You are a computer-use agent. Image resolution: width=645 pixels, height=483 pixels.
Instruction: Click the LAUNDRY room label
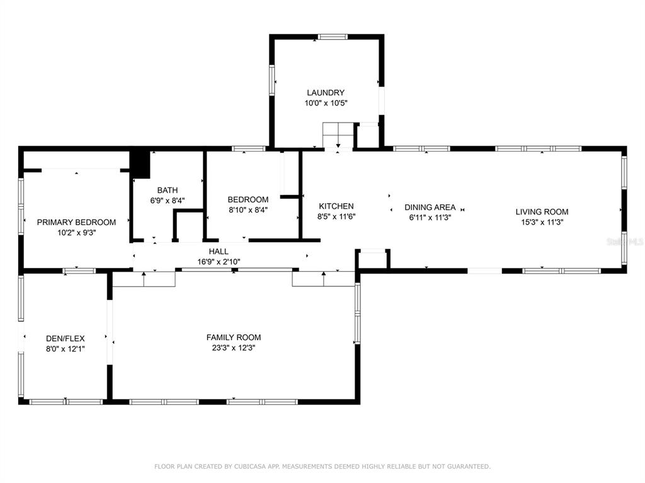tap(326, 92)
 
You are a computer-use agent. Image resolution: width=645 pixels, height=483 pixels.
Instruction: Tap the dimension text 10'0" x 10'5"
tap(326, 103)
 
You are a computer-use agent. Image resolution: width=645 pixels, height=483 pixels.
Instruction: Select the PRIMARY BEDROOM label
tap(76, 222)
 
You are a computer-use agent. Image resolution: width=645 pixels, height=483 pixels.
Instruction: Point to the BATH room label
tap(168, 191)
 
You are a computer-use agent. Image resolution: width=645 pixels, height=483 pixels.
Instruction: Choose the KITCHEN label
tap(336, 206)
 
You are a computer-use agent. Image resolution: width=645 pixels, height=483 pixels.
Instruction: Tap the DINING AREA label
tap(430, 207)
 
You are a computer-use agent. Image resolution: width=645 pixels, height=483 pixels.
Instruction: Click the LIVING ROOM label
tap(542, 212)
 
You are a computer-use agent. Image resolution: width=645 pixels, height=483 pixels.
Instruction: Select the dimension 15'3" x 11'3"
tap(542, 222)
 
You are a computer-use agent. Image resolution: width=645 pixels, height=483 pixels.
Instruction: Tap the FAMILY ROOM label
tap(234, 338)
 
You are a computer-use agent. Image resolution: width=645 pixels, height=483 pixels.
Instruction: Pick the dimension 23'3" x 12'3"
tap(234, 348)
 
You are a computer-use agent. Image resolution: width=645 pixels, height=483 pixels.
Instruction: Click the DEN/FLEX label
tap(66, 338)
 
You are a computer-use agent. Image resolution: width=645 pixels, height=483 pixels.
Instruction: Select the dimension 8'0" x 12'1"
tap(66, 348)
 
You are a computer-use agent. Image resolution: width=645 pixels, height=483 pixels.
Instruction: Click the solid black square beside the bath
tap(140, 164)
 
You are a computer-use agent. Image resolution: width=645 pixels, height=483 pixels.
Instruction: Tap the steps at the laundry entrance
tap(339, 135)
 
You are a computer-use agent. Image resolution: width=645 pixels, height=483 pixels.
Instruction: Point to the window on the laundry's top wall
tap(333, 37)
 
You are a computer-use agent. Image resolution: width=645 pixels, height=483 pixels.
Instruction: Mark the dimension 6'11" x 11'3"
tap(430, 218)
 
